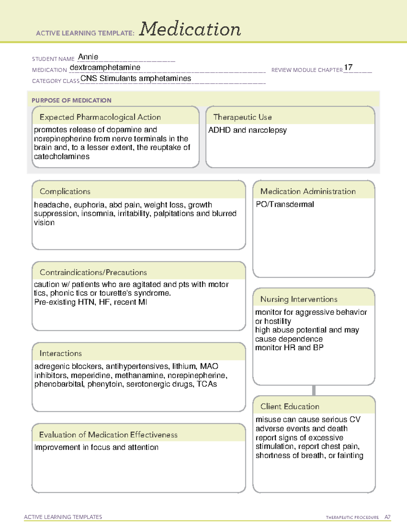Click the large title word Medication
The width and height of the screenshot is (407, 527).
(190, 29)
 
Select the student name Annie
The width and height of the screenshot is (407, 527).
(88, 57)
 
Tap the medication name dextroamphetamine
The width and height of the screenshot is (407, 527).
(105, 68)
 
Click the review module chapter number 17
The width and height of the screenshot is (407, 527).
(348, 67)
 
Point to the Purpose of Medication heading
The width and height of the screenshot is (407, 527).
(71, 100)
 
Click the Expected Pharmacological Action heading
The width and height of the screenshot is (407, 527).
(100, 117)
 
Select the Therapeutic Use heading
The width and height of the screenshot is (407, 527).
(242, 117)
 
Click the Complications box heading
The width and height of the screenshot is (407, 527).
(65, 191)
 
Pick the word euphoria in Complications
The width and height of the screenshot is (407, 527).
(89, 205)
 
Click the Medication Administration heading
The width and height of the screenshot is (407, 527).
(308, 191)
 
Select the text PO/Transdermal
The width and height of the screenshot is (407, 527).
(285, 204)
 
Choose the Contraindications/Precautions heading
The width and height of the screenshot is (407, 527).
(93, 272)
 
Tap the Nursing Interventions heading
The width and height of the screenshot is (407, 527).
(298, 299)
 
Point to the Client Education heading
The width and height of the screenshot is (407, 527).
(290, 406)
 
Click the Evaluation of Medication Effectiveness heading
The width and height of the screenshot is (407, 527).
(108, 435)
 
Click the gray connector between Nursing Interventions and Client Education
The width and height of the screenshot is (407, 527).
(314, 390)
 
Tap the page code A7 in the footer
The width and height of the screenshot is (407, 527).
(387, 517)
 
